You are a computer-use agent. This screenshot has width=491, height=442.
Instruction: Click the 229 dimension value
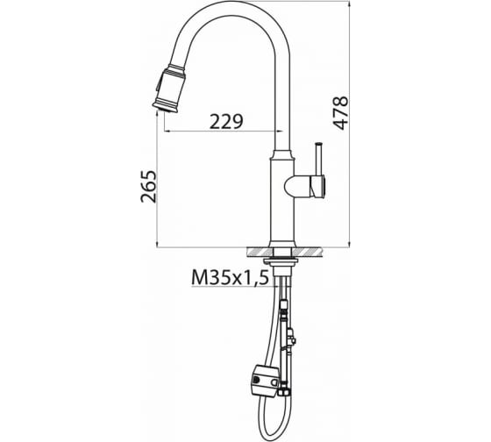pyautogui.click(x=226, y=122)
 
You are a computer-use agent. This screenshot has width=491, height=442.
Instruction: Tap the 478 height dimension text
pyautogui.click(x=341, y=113)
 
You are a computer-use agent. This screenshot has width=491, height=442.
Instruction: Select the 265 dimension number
pyautogui.click(x=148, y=187)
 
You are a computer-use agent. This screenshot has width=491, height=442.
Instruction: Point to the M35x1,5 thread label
pyautogui.click(x=230, y=277)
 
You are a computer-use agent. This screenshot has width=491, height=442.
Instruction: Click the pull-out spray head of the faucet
pyautogui.click(x=168, y=89)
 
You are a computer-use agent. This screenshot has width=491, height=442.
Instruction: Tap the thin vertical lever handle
pyautogui.click(x=319, y=160)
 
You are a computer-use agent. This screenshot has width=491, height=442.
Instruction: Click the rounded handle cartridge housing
pyautogui.click(x=304, y=187)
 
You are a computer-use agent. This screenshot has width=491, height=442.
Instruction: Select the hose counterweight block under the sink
pyautogui.click(x=265, y=381)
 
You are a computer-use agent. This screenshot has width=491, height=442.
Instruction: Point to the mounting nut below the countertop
pyautogui.click(x=281, y=261)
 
